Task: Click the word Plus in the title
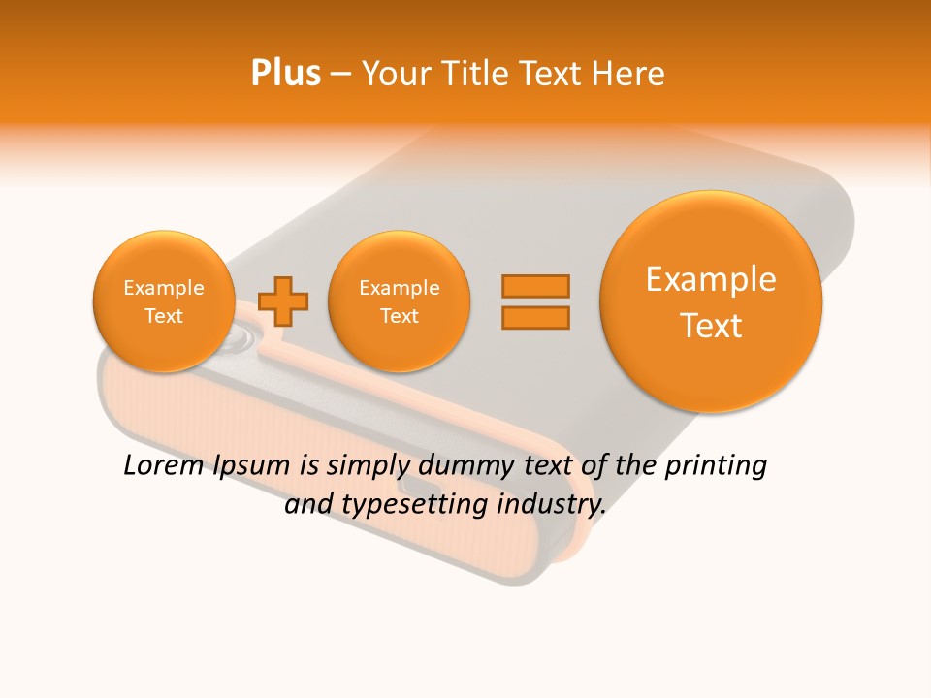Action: click(x=286, y=74)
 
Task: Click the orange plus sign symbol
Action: click(x=283, y=301)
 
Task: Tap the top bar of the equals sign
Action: click(x=534, y=286)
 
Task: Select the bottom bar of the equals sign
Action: click(x=534, y=317)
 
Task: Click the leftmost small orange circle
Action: click(x=163, y=301)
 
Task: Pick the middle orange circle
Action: click(x=399, y=301)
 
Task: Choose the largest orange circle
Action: click(x=711, y=301)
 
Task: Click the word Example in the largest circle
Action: click(x=711, y=279)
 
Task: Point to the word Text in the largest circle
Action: click(x=711, y=326)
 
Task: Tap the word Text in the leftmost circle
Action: click(x=163, y=316)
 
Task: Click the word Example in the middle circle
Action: click(x=399, y=288)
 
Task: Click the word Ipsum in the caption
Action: click(x=250, y=465)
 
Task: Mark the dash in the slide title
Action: click(x=340, y=75)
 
